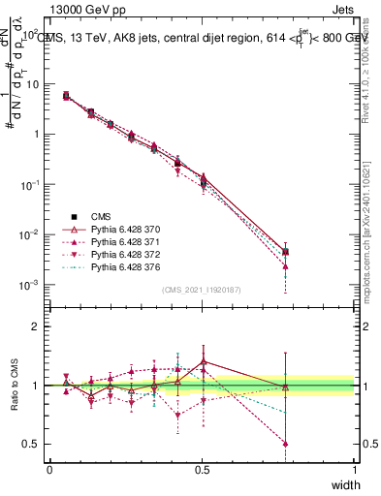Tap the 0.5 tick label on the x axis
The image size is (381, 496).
click(x=202, y=469)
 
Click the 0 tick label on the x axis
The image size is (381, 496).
click(x=49, y=469)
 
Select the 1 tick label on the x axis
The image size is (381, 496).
click(x=354, y=469)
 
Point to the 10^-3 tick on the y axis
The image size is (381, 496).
click(x=30, y=285)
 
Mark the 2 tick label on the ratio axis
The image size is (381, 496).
click(x=38, y=326)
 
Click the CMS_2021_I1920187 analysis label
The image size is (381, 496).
click(x=201, y=291)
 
